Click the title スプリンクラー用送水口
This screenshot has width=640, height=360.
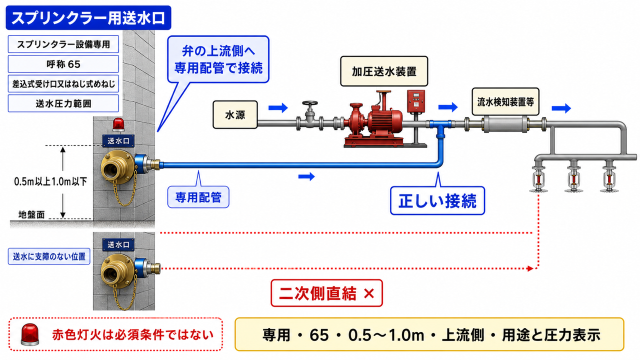[88, 17]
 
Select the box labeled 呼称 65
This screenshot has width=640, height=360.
[63, 64]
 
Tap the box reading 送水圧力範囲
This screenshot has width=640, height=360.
[63, 103]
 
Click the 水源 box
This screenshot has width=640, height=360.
[235, 115]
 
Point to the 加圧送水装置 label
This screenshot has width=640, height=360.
[384, 71]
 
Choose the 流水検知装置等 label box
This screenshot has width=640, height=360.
[505, 101]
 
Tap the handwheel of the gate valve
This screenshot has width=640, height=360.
[310, 103]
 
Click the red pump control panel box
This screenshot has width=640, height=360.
[415, 101]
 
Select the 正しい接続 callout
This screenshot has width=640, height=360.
[437, 200]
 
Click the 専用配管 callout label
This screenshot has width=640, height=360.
[198, 197]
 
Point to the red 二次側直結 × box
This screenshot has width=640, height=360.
[326, 293]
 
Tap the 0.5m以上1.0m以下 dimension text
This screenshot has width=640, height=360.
[50, 181]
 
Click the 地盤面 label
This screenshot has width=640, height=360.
[31, 214]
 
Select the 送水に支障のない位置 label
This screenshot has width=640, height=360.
[49, 256]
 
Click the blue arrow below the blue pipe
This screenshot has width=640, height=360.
[306, 176]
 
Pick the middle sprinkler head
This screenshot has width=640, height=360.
[573, 177]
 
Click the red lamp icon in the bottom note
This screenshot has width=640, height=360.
[30, 334]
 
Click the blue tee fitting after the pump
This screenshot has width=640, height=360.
[440, 127]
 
